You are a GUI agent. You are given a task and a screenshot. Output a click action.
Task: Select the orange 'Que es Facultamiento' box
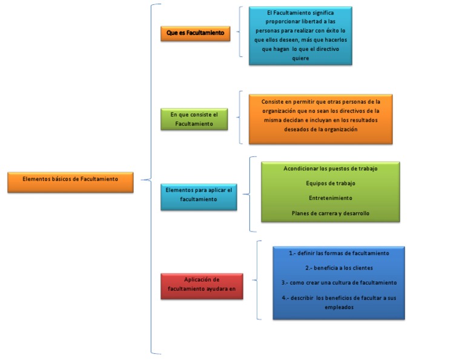195,33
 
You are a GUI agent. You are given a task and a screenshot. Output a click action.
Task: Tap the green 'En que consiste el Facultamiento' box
194,119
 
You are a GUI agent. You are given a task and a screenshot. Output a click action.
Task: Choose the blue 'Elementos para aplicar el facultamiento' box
198,195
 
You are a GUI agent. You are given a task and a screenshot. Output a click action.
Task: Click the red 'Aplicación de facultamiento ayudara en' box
202,285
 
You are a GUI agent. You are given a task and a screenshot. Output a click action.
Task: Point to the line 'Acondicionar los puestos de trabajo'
330,168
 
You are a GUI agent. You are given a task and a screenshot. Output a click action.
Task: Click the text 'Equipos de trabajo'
330,183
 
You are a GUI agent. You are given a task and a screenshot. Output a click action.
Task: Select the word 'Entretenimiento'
330,198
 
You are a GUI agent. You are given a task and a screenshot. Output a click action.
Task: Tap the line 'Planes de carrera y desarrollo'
330,213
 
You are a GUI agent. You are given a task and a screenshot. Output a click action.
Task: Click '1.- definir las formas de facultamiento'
338,253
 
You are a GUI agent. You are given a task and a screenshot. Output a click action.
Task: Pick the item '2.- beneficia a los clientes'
338,268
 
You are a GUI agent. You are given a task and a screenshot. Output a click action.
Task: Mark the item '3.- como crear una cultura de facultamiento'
338,283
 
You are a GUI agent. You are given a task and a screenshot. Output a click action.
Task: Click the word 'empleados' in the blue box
338,307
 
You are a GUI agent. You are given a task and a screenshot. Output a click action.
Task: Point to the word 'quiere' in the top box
300,58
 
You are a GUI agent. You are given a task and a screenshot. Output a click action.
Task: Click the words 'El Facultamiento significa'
300,12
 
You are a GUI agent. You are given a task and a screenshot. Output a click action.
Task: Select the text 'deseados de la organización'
321,129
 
